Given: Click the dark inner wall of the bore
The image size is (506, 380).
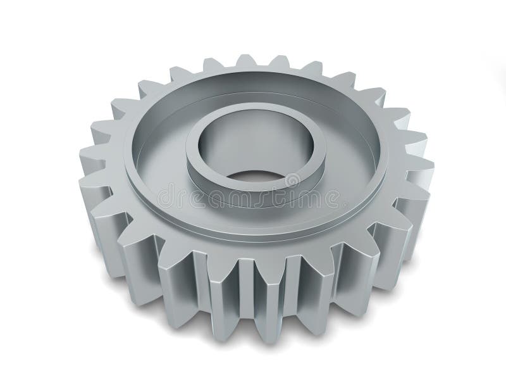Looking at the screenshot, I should (x=253, y=136).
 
